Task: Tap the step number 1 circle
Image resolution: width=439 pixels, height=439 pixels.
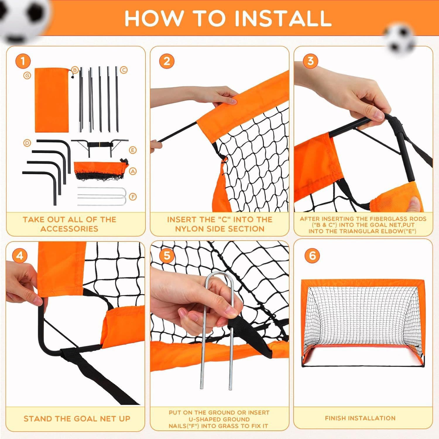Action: (23, 61)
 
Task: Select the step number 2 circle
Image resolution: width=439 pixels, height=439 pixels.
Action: (167, 61)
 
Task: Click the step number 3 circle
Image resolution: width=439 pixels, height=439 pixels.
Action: (310, 61)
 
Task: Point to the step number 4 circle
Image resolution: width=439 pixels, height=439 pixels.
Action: (19, 256)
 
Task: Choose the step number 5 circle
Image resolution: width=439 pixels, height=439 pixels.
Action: (167, 256)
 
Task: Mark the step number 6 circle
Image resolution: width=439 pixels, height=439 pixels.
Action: (312, 255)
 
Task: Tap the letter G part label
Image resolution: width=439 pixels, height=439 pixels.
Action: (27, 76)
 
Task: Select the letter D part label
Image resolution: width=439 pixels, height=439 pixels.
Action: (27, 143)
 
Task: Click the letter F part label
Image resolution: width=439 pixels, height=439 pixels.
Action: (133, 197)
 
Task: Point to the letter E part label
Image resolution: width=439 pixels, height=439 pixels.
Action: (133, 150)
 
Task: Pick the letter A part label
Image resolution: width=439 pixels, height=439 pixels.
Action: (133, 172)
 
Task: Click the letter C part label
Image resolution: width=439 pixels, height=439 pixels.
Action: (124, 70)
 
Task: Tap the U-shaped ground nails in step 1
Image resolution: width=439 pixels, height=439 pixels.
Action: (102, 197)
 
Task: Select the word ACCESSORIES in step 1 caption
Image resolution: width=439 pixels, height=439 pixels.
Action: (69, 229)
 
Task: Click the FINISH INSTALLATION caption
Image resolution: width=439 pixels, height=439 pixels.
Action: (360, 418)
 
